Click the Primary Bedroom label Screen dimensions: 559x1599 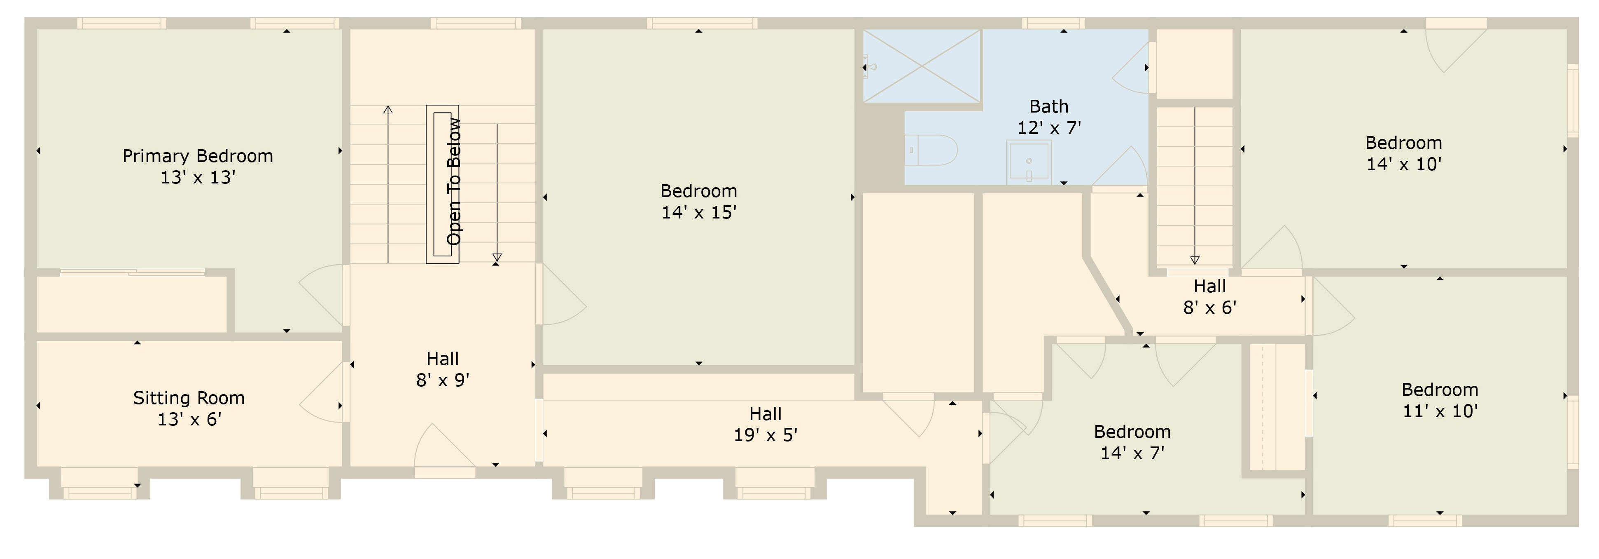[197, 156]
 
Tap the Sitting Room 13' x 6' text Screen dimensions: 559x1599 [189, 409]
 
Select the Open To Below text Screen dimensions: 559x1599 [454, 181]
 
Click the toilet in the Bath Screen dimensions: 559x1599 [931, 150]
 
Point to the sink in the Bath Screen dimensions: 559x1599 [1029, 162]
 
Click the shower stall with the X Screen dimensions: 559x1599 [922, 66]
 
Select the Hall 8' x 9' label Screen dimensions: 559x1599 [443, 369]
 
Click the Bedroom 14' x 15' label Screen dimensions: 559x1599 [698, 201]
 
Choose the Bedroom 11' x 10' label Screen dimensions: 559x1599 [1440, 400]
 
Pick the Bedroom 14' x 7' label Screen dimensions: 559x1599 [1132, 442]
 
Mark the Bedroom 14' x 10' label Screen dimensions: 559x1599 [1403, 153]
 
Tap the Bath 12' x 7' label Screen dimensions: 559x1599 [1048, 117]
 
